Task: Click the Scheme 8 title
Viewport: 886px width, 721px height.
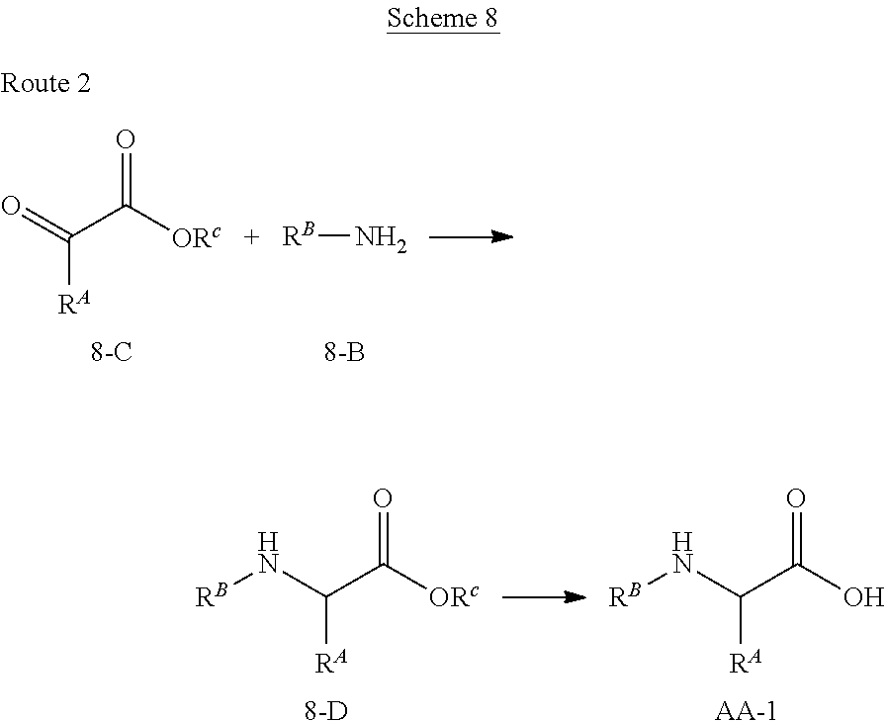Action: coord(443,19)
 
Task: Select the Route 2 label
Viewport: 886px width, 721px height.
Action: coord(46,83)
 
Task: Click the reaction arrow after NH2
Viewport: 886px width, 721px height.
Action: coord(471,237)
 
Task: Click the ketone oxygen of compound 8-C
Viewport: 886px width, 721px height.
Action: coord(11,208)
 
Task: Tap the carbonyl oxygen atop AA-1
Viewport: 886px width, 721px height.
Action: coord(795,496)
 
